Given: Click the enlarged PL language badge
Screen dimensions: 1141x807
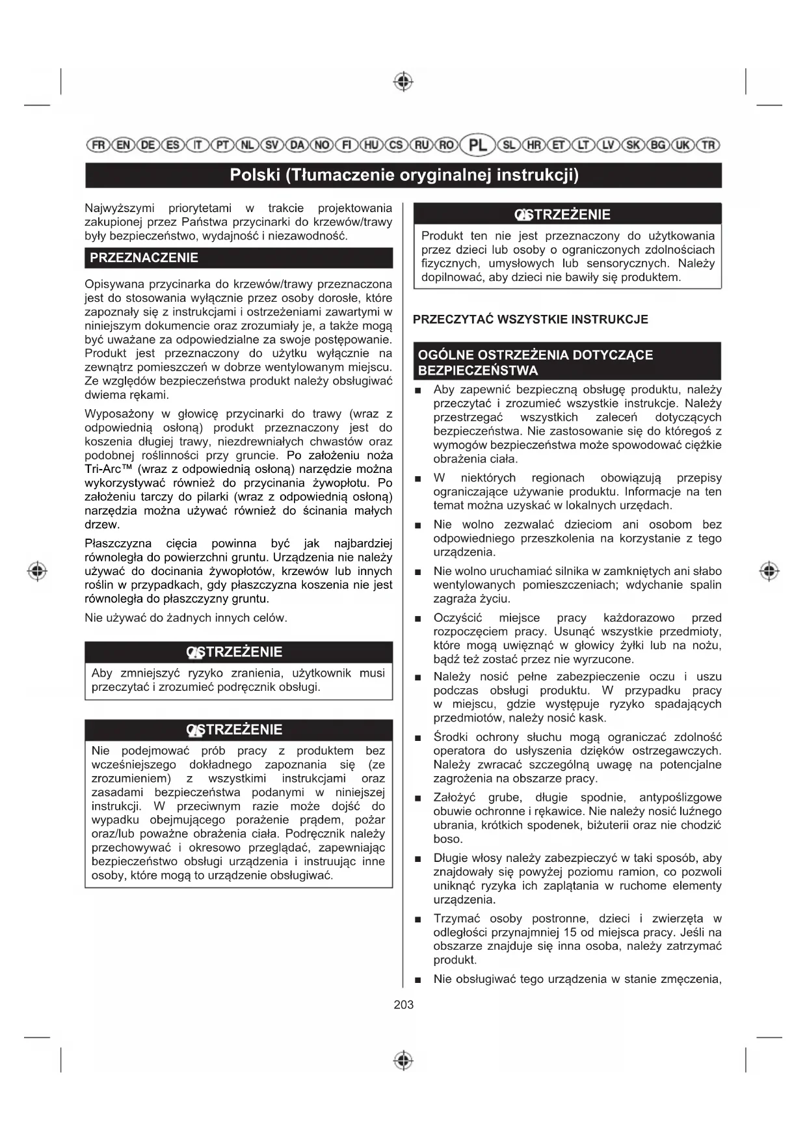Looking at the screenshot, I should click(x=477, y=144).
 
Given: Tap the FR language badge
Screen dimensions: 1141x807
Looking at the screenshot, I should click(x=98, y=144).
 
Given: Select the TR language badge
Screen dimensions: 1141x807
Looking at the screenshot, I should click(x=709, y=144).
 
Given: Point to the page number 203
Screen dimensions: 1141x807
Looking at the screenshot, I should click(x=403, y=1004).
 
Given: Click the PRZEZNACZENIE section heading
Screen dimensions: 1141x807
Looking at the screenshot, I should click(x=144, y=258).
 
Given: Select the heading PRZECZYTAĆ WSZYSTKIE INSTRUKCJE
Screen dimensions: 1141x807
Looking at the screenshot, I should click(x=531, y=319).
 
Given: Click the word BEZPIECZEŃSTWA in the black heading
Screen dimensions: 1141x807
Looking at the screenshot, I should click(x=478, y=371).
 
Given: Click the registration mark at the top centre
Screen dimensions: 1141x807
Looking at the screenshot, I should click(x=403, y=82).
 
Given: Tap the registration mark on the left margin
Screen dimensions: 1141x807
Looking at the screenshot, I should click(x=37, y=571).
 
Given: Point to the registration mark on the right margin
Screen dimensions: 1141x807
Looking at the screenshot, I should click(x=769, y=571).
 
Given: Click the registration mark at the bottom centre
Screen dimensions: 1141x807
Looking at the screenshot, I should click(x=403, y=1060).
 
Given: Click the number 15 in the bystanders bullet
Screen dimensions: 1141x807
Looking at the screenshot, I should click(x=570, y=932).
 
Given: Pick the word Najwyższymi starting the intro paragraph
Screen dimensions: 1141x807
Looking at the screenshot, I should click(x=120, y=208).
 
